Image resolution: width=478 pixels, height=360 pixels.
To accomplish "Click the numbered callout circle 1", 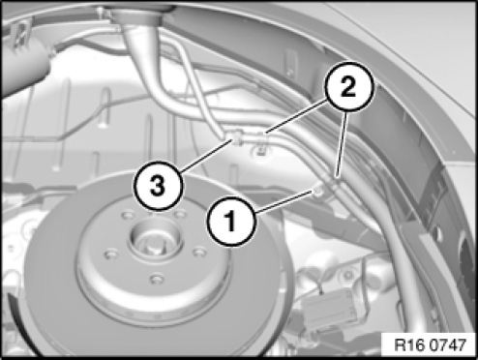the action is pyautogui.click(x=231, y=222).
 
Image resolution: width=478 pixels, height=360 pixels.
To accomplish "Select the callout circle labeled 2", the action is pyautogui.click(x=348, y=87).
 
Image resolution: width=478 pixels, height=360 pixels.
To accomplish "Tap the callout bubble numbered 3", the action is pyautogui.click(x=158, y=186).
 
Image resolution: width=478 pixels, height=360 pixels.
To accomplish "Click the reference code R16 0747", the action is pyautogui.click(x=430, y=345).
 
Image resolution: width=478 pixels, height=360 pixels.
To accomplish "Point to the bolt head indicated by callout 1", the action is pyautogui.click(x=318, y=191).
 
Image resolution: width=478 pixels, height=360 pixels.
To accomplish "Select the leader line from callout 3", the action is pyautogui.click(x=205, y=155).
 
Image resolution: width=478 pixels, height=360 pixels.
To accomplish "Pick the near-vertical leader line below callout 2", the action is pyautogui.click(x=342, y=144).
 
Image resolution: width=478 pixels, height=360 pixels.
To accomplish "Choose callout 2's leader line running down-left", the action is pyautogui.click(x=297, y=117).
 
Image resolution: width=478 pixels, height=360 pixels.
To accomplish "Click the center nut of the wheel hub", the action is pyautogui.click(x=155, y=238).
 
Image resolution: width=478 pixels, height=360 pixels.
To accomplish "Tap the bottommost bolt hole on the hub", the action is pyautogui.click(x=157, y=278).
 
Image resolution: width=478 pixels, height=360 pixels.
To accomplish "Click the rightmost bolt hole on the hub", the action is pyautogui.click(x=199, y=252).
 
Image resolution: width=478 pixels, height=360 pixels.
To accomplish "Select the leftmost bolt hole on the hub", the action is pyautogui.click(x=111, y=255).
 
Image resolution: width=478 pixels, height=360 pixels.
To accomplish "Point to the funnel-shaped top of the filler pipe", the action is pyautogui.click(x=139, y=16).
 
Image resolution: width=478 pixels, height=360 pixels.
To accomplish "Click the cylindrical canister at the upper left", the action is pyautogui.click(x=24, y=65).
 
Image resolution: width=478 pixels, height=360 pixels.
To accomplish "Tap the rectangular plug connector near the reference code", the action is pyautogui.click(x=328, y=307).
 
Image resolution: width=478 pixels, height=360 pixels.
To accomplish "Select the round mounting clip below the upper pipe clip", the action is pyautogui.click(x=260, y=150).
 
